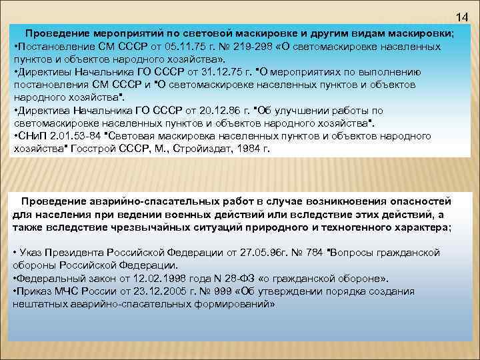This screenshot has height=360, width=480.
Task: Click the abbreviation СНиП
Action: (30, 135)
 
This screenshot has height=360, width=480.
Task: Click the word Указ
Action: (33, 253)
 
